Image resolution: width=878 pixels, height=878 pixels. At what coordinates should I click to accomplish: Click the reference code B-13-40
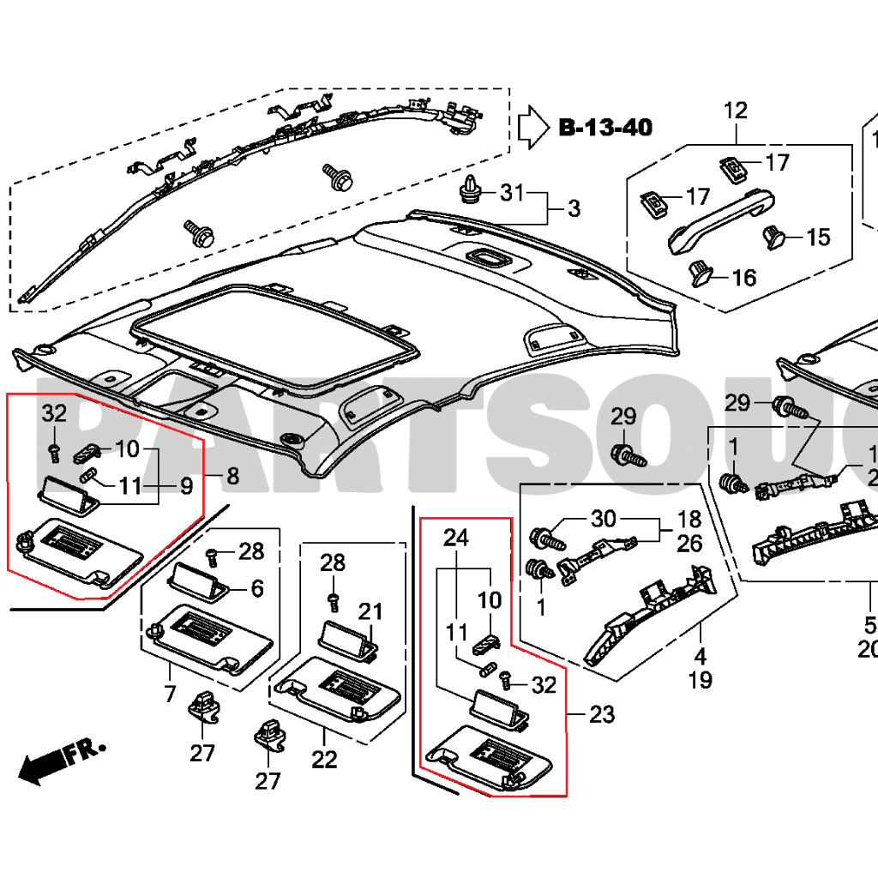[x=605, y=129]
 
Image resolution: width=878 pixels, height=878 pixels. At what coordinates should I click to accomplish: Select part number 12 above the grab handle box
[x=736, y=110]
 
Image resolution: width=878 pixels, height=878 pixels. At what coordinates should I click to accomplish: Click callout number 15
[x=818, y=237]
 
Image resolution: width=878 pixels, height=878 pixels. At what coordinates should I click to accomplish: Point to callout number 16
[x=743, y=277]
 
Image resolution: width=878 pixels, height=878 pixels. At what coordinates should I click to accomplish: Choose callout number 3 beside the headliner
[x=574, y=208]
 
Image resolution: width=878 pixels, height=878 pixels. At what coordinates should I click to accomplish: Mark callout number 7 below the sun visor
[x=170, y=693]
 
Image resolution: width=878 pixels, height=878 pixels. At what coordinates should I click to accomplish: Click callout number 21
[x=370, y=612]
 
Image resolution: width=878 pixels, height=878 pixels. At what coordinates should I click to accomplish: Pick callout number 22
[x=324, y=759]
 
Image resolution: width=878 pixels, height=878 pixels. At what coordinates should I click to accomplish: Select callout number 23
[x=602, y=714]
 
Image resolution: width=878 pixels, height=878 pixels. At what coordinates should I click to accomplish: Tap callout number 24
[x=456, y=538]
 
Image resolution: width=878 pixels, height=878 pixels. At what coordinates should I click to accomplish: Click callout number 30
[x=604, y=519]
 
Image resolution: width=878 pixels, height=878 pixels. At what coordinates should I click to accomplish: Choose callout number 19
[x=700, y=681]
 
